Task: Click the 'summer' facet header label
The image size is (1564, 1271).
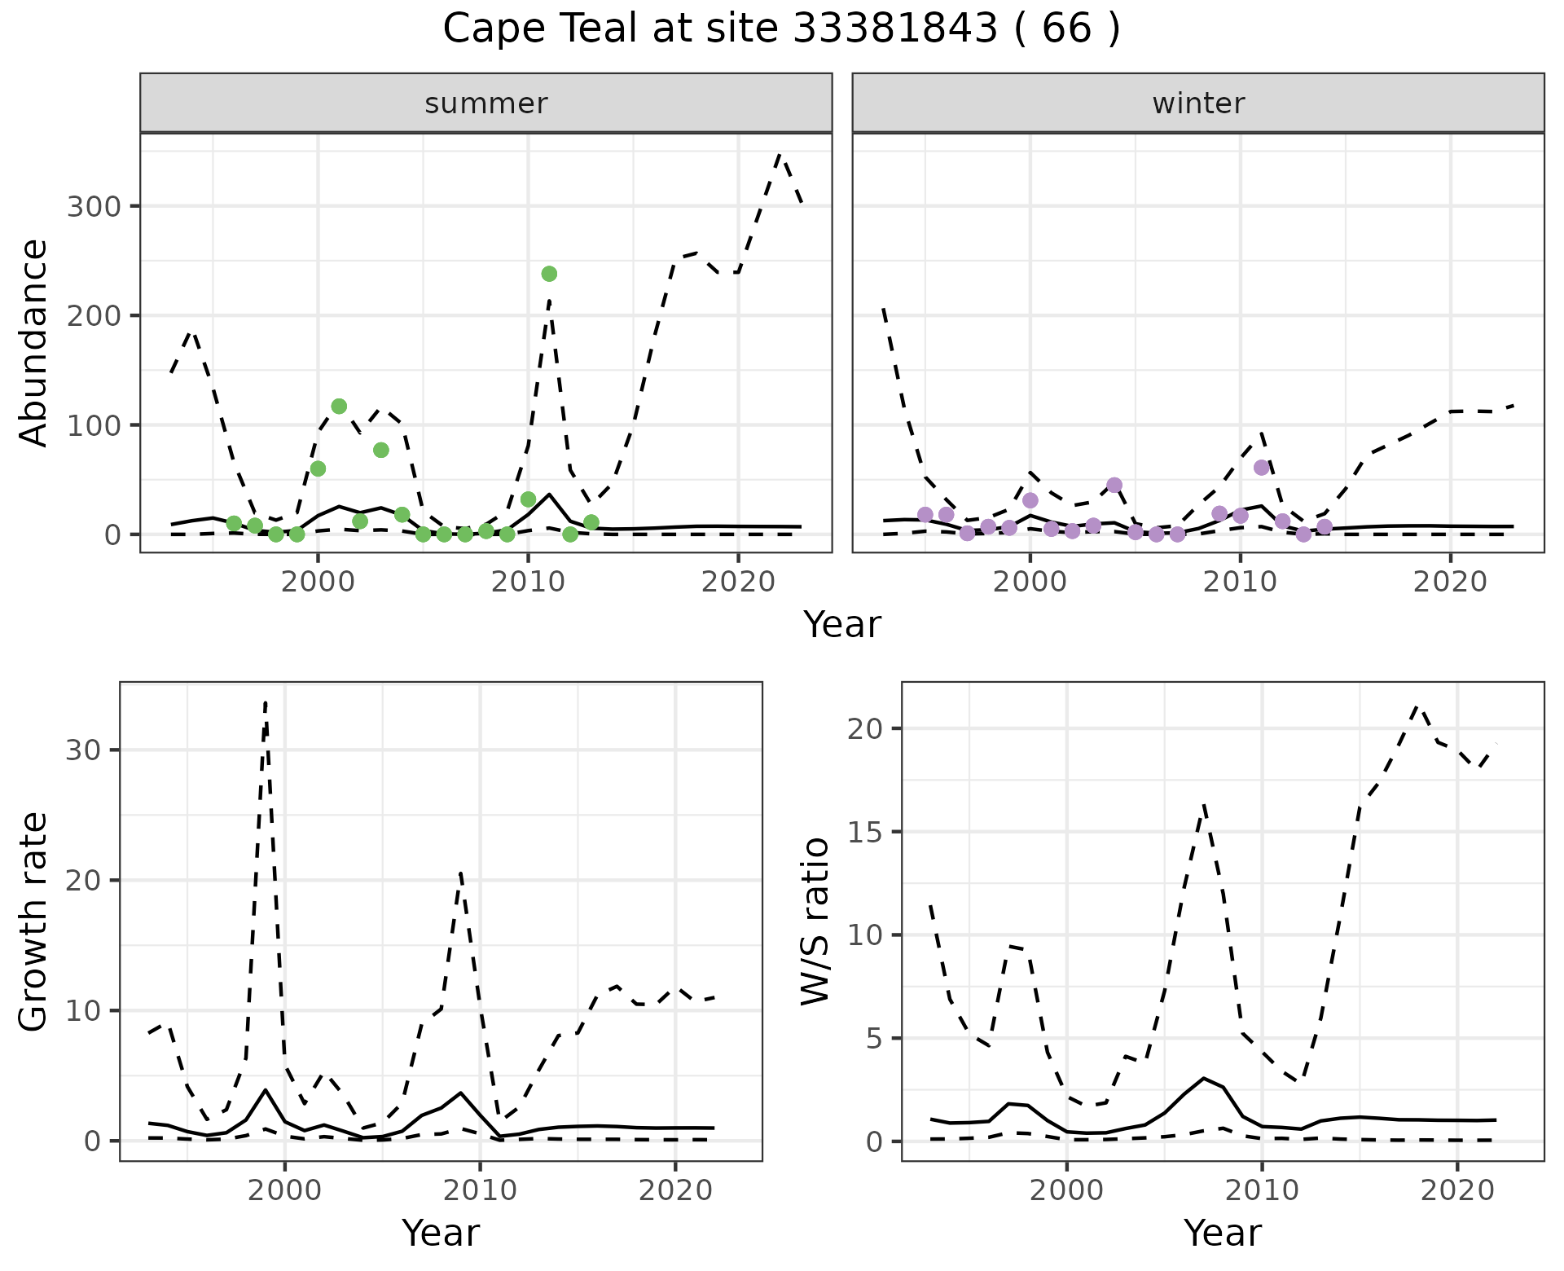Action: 486,103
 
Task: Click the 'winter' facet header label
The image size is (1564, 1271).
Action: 1198,103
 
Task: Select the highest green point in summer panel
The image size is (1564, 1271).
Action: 549,274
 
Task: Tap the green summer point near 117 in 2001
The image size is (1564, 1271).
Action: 339,407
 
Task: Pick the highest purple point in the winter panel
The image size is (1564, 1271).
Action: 1262,468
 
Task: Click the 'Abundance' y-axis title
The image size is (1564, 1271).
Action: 34,342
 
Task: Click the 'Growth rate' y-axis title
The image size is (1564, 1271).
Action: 34,921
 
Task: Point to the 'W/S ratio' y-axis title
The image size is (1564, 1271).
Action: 815,921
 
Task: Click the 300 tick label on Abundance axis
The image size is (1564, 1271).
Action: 94,206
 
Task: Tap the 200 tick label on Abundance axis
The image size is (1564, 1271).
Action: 94,315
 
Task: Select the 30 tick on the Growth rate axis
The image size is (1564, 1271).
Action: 83,750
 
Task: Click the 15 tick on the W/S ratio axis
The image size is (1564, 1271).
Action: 865,832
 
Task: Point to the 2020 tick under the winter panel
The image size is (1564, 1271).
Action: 1450,583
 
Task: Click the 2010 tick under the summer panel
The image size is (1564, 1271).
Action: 528,583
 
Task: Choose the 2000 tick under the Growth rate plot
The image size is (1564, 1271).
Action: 284,1190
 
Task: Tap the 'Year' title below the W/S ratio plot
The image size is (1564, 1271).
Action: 1222,1233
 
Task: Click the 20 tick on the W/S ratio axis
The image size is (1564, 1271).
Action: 865,728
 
